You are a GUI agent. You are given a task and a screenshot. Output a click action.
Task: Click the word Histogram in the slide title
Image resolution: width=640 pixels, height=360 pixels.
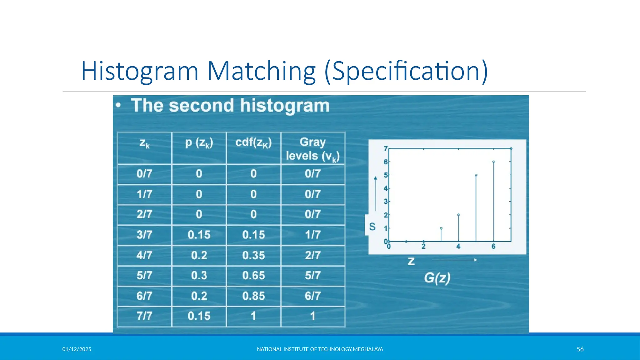[x=140, y=71]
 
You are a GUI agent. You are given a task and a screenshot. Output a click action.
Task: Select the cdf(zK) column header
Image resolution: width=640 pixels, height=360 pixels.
[x=253, y=142]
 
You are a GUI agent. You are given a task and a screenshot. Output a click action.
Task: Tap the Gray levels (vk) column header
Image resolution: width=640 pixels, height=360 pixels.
[x=313, y=149]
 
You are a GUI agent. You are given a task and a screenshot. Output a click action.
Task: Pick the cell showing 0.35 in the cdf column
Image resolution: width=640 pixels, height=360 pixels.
[x=253, y=255]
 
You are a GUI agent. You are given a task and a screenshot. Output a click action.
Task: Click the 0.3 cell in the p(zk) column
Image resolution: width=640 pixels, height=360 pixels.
[x=199, y=275]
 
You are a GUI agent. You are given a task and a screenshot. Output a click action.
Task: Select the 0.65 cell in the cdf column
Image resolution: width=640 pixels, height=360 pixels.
[x=253, y=275]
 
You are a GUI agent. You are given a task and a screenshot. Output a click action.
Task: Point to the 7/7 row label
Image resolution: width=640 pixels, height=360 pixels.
[x=144, y=316]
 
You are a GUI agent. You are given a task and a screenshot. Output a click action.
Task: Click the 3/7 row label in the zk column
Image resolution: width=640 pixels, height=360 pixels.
[x=144, y=235]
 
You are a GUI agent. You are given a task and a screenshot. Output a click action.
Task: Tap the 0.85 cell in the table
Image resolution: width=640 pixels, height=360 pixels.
[x=253, y=296]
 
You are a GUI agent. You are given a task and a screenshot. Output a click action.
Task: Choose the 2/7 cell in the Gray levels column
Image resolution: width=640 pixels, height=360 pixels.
[x=313, y=255]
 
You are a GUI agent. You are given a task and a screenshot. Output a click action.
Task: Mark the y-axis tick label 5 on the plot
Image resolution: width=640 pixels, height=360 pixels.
[x=385, y=175]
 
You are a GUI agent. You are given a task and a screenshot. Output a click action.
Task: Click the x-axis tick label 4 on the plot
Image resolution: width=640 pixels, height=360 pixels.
[x=458, y=247]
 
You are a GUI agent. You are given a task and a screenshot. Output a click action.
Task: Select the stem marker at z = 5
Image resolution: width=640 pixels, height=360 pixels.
[x=476, y=175]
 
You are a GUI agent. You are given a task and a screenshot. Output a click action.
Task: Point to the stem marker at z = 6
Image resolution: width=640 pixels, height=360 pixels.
[x=493, y=162]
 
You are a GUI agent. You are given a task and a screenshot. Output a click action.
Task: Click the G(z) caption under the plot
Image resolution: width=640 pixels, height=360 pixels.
[x=437, y=278]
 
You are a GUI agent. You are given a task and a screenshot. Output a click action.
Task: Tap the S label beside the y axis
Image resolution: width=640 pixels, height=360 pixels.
[x=372, y=227]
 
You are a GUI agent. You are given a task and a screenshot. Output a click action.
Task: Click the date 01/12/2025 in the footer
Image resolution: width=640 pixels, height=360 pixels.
[x=77, y=349]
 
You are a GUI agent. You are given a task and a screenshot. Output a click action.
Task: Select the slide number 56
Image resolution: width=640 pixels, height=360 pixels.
[x=580, y=349]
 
